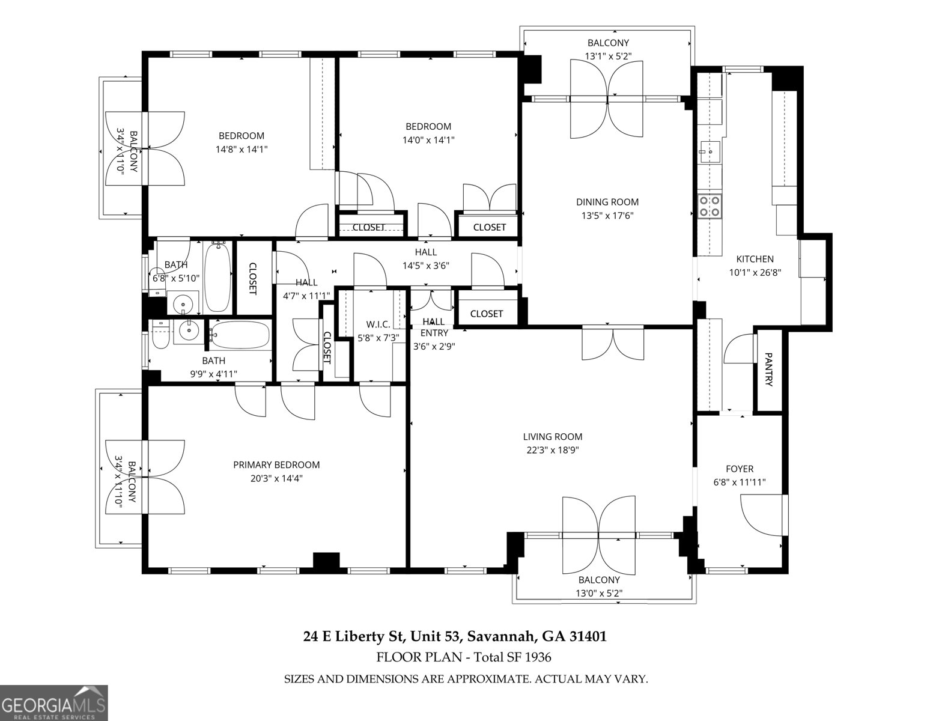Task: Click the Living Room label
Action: pos(552,437)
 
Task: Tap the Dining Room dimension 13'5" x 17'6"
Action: pos(607,216)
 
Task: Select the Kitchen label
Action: pos(755,259)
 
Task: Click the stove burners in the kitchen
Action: pos(710,206)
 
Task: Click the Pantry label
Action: pos(768,370)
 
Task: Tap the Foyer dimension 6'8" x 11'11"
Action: pos(739,482)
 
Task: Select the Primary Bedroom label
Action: pos(276,464)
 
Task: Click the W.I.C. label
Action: pos(378,324)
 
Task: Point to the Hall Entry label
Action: pos(434,327)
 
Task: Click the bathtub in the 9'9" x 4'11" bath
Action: pos(240,335)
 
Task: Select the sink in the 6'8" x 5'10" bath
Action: pos(183,303)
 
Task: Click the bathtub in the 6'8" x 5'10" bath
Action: pos(217,276)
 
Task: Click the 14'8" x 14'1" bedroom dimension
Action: pos(241,149)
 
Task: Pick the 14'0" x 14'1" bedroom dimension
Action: pos(428,140)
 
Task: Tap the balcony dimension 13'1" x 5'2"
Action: pos(608,56)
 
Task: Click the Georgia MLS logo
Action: pos(54,702)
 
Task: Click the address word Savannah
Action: pos(502,636)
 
